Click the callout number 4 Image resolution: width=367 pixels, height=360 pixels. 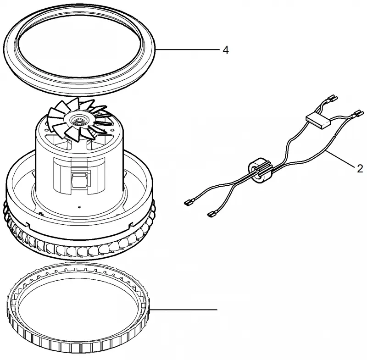(225, 50)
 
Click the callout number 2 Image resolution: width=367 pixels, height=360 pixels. (360, 168)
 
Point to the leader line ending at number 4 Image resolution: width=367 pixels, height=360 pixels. (188, 50)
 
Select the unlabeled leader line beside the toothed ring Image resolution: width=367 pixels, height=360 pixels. (183, 310)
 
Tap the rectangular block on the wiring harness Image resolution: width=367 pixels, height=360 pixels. (318, 122)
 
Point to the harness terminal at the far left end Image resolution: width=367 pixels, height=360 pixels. (189, 201)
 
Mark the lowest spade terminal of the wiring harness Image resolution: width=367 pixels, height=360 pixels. (212, 214)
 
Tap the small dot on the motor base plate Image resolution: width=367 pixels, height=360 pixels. (79, 207)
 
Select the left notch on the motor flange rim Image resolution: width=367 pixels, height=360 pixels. (28, 225)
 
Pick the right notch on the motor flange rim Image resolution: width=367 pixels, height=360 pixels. (131, 225)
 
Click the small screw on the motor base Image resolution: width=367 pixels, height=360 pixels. (41, 213)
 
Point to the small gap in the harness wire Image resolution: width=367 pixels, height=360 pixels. (335, 135)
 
